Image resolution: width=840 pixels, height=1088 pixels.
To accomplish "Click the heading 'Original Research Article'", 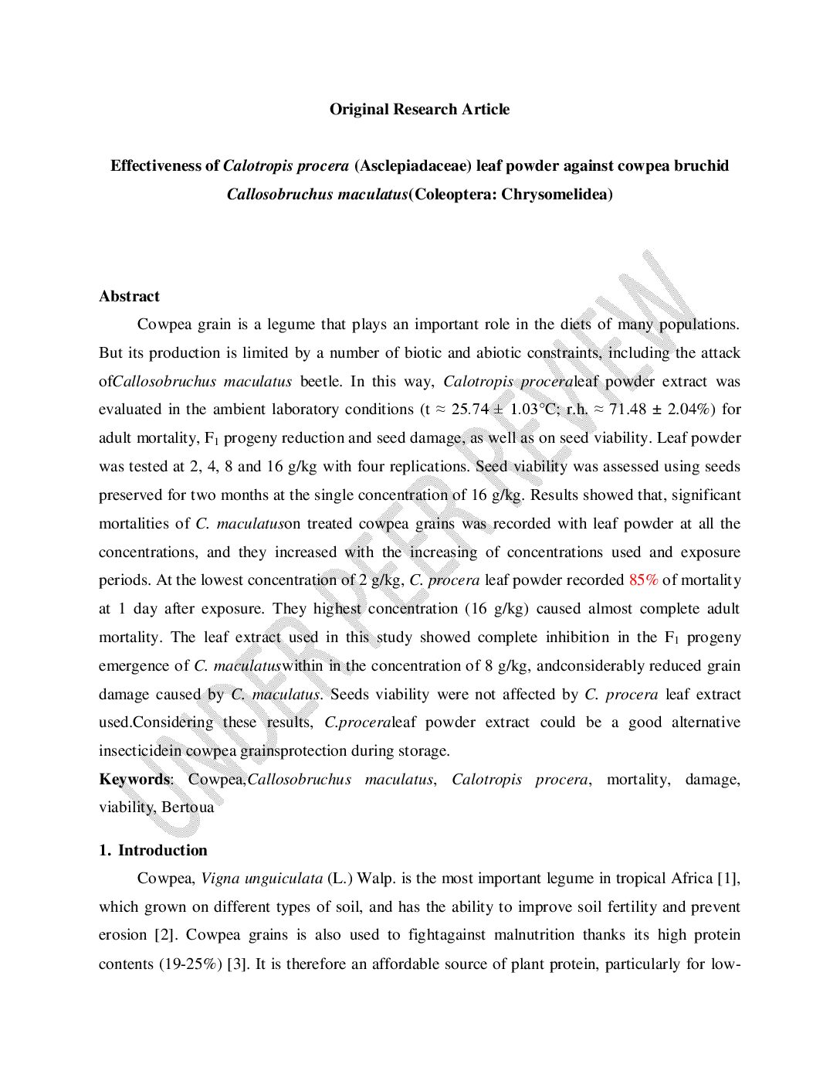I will (x=419, y=109).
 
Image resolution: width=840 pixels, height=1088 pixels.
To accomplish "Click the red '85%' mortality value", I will (x=643, y=580).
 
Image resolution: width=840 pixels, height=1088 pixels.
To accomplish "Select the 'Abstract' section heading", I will (x=129, y=296).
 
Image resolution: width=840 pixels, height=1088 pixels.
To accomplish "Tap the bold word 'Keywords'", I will (x=134, y=779).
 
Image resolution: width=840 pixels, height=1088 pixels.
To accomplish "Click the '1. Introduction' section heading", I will (x=153, y=850).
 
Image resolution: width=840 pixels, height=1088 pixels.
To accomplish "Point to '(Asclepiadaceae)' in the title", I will (x=413, y=165).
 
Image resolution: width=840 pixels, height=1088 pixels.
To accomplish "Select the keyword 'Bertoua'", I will (x=188, y=807).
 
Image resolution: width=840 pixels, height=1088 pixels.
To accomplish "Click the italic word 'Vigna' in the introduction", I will (x=220, y=879).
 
